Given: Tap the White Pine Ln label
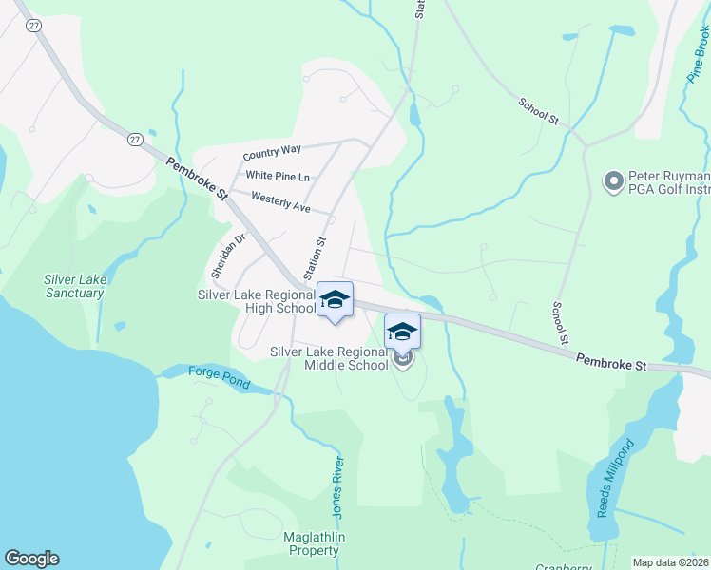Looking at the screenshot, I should pyautogui.click(x=278, y=176).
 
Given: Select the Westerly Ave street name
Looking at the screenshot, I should pyautogui.click(x=281, y=201).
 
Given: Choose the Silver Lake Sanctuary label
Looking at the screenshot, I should pyautogui.click(x=74, y=286).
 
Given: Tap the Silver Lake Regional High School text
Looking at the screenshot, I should pyautogui.click(x=256, y=301).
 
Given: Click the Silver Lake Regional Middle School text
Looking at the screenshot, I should pyautogui.click(x=330, y=358).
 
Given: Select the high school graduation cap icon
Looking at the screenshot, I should pyautogui.click(x=334, y=299).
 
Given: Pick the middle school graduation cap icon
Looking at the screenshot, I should pyautogui.click(x=402, y=332).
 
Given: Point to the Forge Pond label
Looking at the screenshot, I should pyautogui.click(x=219, y=377).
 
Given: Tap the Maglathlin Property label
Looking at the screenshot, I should pyautogui.click(x=312, y=543).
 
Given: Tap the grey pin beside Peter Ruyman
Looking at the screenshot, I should pyautogui.click(x=614, y=179).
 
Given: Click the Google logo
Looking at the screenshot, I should pyautogui.click(x=31, y=559).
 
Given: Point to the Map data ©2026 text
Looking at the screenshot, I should pyautogui.click(x=671, y=562).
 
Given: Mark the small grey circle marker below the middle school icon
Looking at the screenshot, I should pyautogui.click(x=403, y=360).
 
